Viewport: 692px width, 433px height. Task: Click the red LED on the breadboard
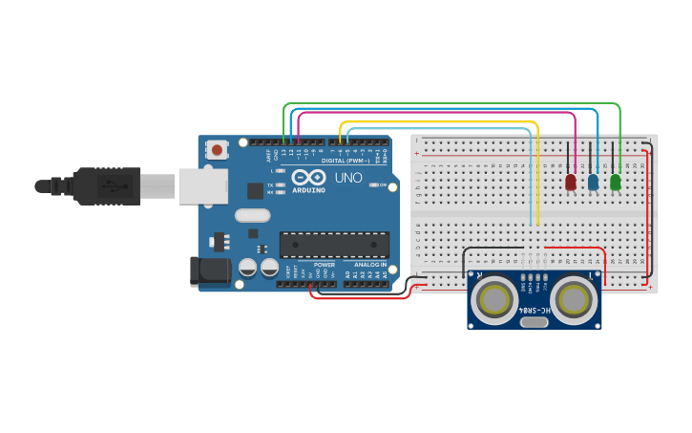[x=571, y=182]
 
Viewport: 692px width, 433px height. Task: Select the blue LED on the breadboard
[x=593, y=182]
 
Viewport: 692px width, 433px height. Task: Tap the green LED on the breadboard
[x=615, y=182]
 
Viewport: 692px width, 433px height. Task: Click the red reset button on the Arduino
[x=218, y=149]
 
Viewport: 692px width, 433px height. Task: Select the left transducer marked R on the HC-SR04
[x=494, y=299]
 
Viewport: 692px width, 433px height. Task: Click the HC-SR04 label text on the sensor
[x=535, y=311]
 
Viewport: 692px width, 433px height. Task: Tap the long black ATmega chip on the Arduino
[x=334, y=245]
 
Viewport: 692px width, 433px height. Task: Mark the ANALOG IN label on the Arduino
[x=370, y=264]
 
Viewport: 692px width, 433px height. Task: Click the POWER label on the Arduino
[x=325, y=264]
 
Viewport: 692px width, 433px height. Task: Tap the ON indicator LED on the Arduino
[x=382, y=184]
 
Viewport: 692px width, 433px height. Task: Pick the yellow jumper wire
[x=439, y=122]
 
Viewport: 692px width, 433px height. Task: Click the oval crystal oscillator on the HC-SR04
[x=535, y=322]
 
